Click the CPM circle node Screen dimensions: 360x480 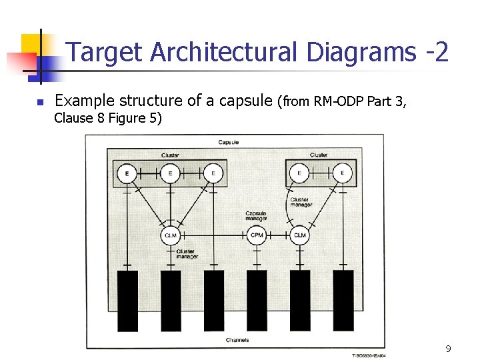coord(257,235)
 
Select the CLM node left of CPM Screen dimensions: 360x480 coord(171,235)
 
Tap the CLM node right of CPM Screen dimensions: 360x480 coord(299,235)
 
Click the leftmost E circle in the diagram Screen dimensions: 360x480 coord(127,174)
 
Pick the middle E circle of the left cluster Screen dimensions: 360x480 coord(170,174)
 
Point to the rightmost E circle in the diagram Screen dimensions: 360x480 coord(343,174)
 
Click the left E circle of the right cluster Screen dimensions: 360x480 coord(299,174)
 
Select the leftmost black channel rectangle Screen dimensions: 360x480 coord(127,300)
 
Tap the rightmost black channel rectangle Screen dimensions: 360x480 coord(343,300)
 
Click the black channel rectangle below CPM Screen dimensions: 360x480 coord(257,300)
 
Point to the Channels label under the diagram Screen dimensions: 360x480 coord(237,340)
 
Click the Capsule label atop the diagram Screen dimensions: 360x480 coord(229,142)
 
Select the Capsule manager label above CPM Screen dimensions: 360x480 coord(256,216)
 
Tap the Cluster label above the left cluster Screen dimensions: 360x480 coord(170,155)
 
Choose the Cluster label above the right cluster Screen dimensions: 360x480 coord(319,155)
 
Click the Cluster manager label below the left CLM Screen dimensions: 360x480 coord(187,254)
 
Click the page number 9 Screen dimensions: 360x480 coord(448,349)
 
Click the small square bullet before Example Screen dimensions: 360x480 coord(40,103)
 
